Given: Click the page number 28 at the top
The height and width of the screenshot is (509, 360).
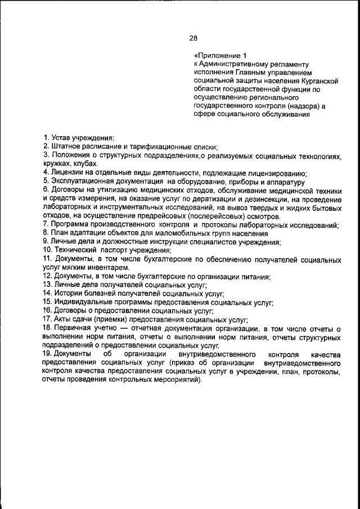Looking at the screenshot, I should coord(193,38).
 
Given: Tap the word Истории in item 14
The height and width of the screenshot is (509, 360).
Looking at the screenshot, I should coord(67,294).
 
